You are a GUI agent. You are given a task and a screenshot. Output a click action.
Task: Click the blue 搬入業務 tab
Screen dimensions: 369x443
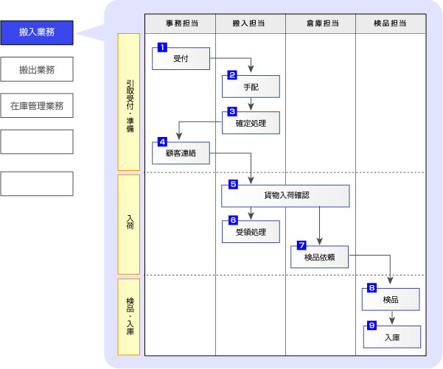pos(37,32)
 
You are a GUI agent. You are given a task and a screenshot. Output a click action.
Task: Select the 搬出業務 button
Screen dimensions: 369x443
pos(37,70)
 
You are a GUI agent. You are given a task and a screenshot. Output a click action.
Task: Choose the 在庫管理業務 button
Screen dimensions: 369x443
pos(37,105)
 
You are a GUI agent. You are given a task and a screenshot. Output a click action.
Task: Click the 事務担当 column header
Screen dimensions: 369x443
pos(180,24)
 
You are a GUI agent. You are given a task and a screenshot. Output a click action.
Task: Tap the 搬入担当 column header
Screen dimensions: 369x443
pos(251,24)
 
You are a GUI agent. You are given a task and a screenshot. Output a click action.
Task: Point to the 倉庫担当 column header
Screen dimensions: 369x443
pos(321,24)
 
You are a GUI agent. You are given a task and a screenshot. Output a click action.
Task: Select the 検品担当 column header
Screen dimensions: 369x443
pos(390,24)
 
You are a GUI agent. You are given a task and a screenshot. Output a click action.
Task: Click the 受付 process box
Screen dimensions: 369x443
pos(181,58)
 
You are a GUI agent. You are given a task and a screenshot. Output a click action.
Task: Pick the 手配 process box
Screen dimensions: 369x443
pos(251,86)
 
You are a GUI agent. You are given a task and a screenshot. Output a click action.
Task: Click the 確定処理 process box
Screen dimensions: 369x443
pos(251,122)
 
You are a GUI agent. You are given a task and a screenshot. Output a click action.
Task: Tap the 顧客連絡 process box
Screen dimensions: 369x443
pos(181,152)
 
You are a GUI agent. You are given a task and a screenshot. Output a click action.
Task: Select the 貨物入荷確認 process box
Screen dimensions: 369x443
pos(286,196)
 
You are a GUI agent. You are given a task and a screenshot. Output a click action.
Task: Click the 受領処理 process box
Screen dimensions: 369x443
pos(251,231)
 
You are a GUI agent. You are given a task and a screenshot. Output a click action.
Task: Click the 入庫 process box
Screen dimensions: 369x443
pos(391,337)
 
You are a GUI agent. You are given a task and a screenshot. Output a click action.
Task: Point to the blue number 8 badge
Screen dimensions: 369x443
pos(372,287)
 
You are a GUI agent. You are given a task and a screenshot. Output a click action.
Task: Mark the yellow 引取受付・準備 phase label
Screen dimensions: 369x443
pos(129,102)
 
